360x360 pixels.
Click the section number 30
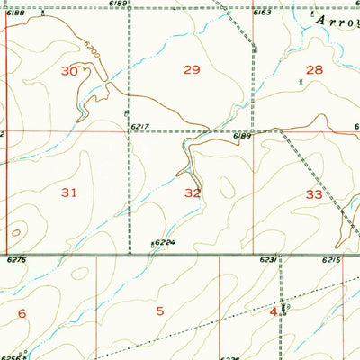[x=69, y=70]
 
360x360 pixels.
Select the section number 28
[x=313, y=69]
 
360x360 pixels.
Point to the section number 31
[x=69, y=193]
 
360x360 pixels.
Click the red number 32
[x=193, y=193]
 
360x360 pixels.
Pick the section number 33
[x=314, y=193]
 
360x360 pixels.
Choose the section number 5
[x=160, y=312]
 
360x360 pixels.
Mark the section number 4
[x=273, y=311]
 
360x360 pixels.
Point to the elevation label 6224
[x=163, y=243]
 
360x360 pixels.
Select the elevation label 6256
[x=12, y=356]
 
